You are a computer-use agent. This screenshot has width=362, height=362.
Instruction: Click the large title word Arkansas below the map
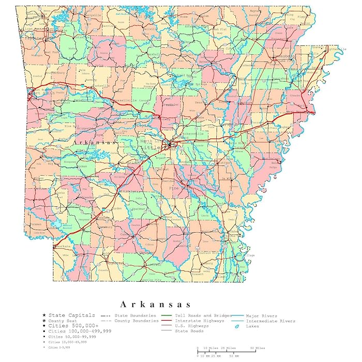tap(156, 304)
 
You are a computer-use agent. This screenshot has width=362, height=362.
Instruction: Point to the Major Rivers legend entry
tap(262, 315)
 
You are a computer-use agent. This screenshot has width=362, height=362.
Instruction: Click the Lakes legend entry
tap(252, 326)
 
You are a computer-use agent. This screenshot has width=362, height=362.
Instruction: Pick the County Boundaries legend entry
tap(137, 321)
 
